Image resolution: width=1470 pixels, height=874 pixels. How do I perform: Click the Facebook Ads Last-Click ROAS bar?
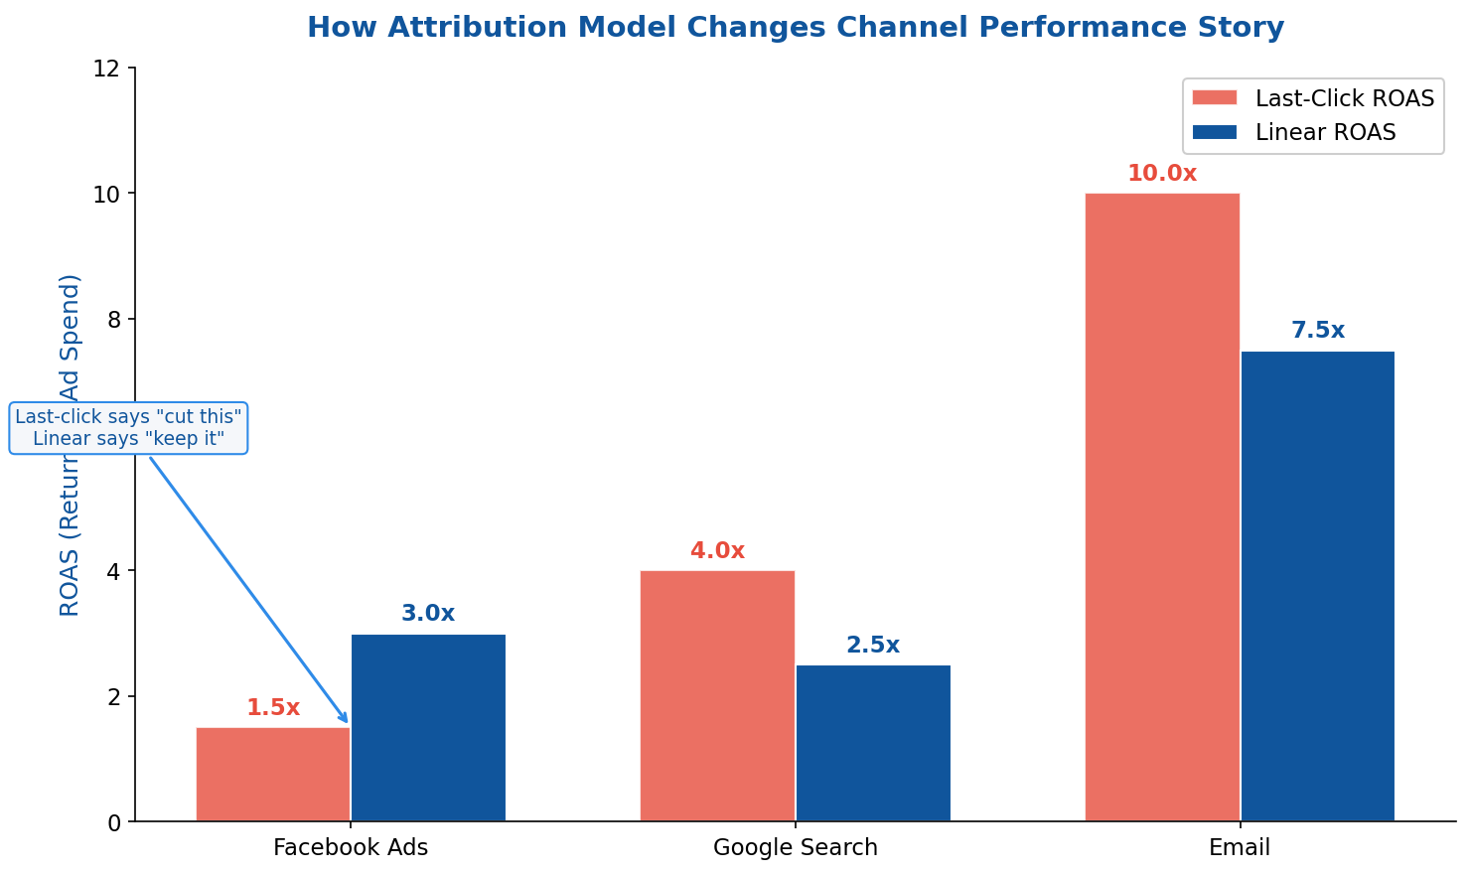point(273,775)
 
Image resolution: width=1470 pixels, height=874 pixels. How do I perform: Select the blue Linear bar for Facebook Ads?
point(428,728)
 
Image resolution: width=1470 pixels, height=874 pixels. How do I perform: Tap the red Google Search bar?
point(717,695)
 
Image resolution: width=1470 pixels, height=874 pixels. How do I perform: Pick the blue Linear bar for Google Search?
point(873,743)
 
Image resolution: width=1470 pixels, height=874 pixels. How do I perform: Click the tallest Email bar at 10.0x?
point(1162,507)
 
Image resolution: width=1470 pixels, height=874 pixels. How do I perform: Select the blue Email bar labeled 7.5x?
point(1317,586)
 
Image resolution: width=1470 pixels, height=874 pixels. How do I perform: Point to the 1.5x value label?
point(273,708)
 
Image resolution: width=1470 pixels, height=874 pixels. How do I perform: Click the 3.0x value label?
point(428,614)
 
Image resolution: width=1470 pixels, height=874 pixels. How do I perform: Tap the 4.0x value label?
point(717,551)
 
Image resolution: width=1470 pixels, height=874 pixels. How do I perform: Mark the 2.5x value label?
point(873,646)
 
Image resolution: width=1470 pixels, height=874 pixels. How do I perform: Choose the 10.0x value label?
point(1162,174)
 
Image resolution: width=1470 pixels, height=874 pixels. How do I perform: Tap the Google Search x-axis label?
point(796,848)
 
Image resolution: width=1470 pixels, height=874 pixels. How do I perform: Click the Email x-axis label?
point(1240,848)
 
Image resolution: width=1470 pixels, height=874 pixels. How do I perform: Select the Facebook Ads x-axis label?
point(351,848)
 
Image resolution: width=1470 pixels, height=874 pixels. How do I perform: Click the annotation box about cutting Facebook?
point(128,428)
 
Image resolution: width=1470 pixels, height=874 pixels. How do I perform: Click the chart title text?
point(795,27)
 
